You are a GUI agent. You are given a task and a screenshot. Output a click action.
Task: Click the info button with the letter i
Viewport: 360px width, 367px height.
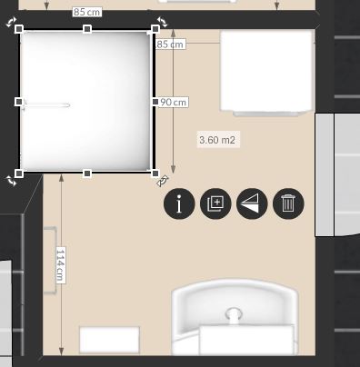179,203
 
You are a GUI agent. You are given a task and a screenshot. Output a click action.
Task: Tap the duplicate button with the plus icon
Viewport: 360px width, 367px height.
215,203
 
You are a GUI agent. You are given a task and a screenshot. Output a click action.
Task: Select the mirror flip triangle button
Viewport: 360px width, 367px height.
252,203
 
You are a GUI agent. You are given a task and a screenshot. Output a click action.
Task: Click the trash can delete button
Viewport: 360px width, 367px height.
288,203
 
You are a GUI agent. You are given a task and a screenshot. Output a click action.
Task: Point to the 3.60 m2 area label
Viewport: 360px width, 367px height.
218,140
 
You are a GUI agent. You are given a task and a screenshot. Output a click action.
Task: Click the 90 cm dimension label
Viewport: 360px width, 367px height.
173,102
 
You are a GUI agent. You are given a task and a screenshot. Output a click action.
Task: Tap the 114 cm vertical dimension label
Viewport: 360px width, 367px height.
61,265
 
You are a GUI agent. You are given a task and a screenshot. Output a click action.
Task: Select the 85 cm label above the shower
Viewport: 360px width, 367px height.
87,12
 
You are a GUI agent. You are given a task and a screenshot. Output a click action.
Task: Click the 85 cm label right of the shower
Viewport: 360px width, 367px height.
170,45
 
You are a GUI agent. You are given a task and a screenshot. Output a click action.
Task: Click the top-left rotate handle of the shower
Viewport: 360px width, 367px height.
12,22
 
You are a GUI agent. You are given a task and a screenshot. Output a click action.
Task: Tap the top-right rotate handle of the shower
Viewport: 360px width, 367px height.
162,22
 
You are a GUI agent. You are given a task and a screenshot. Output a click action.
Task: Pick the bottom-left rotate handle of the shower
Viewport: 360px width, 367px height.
12,181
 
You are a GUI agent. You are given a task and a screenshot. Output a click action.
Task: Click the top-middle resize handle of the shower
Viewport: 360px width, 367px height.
87,29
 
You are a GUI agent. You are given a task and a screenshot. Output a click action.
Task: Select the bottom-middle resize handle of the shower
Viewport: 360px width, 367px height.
87,174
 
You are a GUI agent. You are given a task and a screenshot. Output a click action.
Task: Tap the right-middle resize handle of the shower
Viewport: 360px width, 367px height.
155,102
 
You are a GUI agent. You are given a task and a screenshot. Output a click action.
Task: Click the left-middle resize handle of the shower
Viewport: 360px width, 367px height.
19,102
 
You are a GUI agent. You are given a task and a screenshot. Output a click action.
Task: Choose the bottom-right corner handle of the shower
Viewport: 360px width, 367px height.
155,174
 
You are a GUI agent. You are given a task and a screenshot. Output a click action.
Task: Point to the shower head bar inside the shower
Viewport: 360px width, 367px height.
46,105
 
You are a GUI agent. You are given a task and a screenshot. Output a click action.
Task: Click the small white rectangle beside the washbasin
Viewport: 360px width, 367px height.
109,340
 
